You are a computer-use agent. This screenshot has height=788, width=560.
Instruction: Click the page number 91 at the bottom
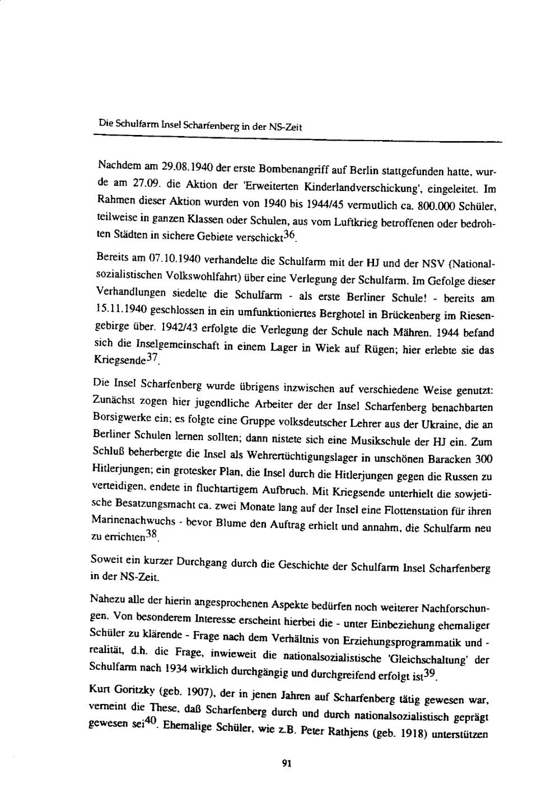click(x=288, y=763)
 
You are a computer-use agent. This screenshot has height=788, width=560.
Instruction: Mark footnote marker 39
click(x=431, y=674)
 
